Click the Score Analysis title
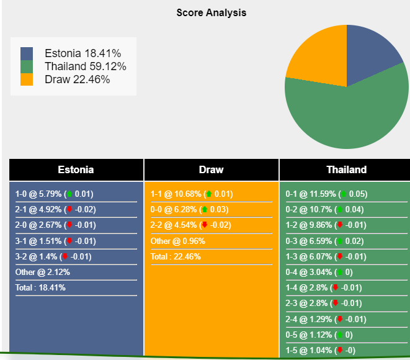point(212,12)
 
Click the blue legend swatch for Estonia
point(27,53)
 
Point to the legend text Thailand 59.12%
point(86,66)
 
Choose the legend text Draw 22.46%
point(78,79)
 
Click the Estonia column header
point(76,169)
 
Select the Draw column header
point(211,169)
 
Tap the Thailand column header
point(346,169)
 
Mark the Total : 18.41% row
point(40,287)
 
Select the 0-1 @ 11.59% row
point(326,194)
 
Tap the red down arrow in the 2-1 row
point(69,210)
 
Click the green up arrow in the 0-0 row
point(205,210)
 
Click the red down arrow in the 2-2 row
point(204,225)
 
